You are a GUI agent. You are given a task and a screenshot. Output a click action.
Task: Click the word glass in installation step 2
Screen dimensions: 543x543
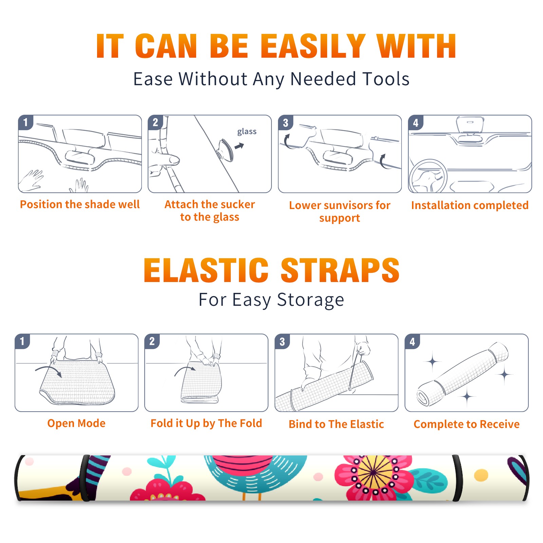[247, 132]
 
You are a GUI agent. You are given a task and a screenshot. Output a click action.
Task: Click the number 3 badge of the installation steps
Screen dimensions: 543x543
[285, 123]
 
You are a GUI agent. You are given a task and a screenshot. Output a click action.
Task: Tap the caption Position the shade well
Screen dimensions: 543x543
[80, 204]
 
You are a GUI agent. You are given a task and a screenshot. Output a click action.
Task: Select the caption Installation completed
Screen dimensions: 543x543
[470, 205]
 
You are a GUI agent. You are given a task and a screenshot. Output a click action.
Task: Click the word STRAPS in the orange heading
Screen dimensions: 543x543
[340, 270]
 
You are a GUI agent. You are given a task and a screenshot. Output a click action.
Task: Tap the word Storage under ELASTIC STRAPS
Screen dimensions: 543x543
[311, 300]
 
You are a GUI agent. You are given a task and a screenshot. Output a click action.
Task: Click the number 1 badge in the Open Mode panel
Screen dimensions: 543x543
[22, 341]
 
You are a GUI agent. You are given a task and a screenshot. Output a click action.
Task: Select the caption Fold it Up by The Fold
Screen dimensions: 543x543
[206, 423]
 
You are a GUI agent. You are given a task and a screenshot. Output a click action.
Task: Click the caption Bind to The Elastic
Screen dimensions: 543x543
[336, 424]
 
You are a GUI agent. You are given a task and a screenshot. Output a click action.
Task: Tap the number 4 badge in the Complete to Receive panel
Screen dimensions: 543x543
[412, 341]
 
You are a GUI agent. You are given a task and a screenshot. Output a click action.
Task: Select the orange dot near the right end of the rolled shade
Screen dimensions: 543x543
[481, 475]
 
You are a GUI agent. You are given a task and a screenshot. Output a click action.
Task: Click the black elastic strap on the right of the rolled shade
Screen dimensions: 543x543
[457, 478]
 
